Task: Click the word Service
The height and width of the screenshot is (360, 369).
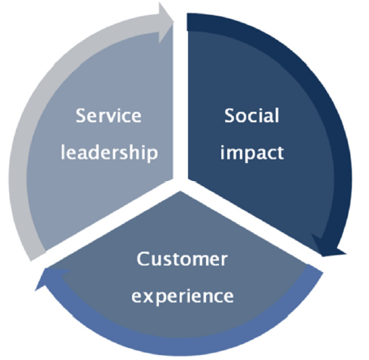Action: click(108, 116)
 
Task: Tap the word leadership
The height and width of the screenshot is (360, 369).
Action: click(109, 153)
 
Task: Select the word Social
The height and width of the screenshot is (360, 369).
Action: click(252, 115)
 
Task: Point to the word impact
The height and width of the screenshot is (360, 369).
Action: click(252, 153)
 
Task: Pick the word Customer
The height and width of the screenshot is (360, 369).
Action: click(182, 259)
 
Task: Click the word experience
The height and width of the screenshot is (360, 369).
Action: click(183, 296)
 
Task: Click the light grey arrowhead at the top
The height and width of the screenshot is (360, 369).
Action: click(166, 23)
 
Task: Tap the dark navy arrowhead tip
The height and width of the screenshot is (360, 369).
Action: click(346, 253)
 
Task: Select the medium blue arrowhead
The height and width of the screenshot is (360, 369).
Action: click(52, 279)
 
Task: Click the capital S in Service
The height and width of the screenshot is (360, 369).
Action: click(81, 116)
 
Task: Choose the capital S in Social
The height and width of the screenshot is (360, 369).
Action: click(230, 115)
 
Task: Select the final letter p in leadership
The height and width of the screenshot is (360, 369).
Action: click(153, 155)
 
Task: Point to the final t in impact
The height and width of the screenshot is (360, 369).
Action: click(280, 153)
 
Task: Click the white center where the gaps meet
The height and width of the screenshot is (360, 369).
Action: click(180, 184)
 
